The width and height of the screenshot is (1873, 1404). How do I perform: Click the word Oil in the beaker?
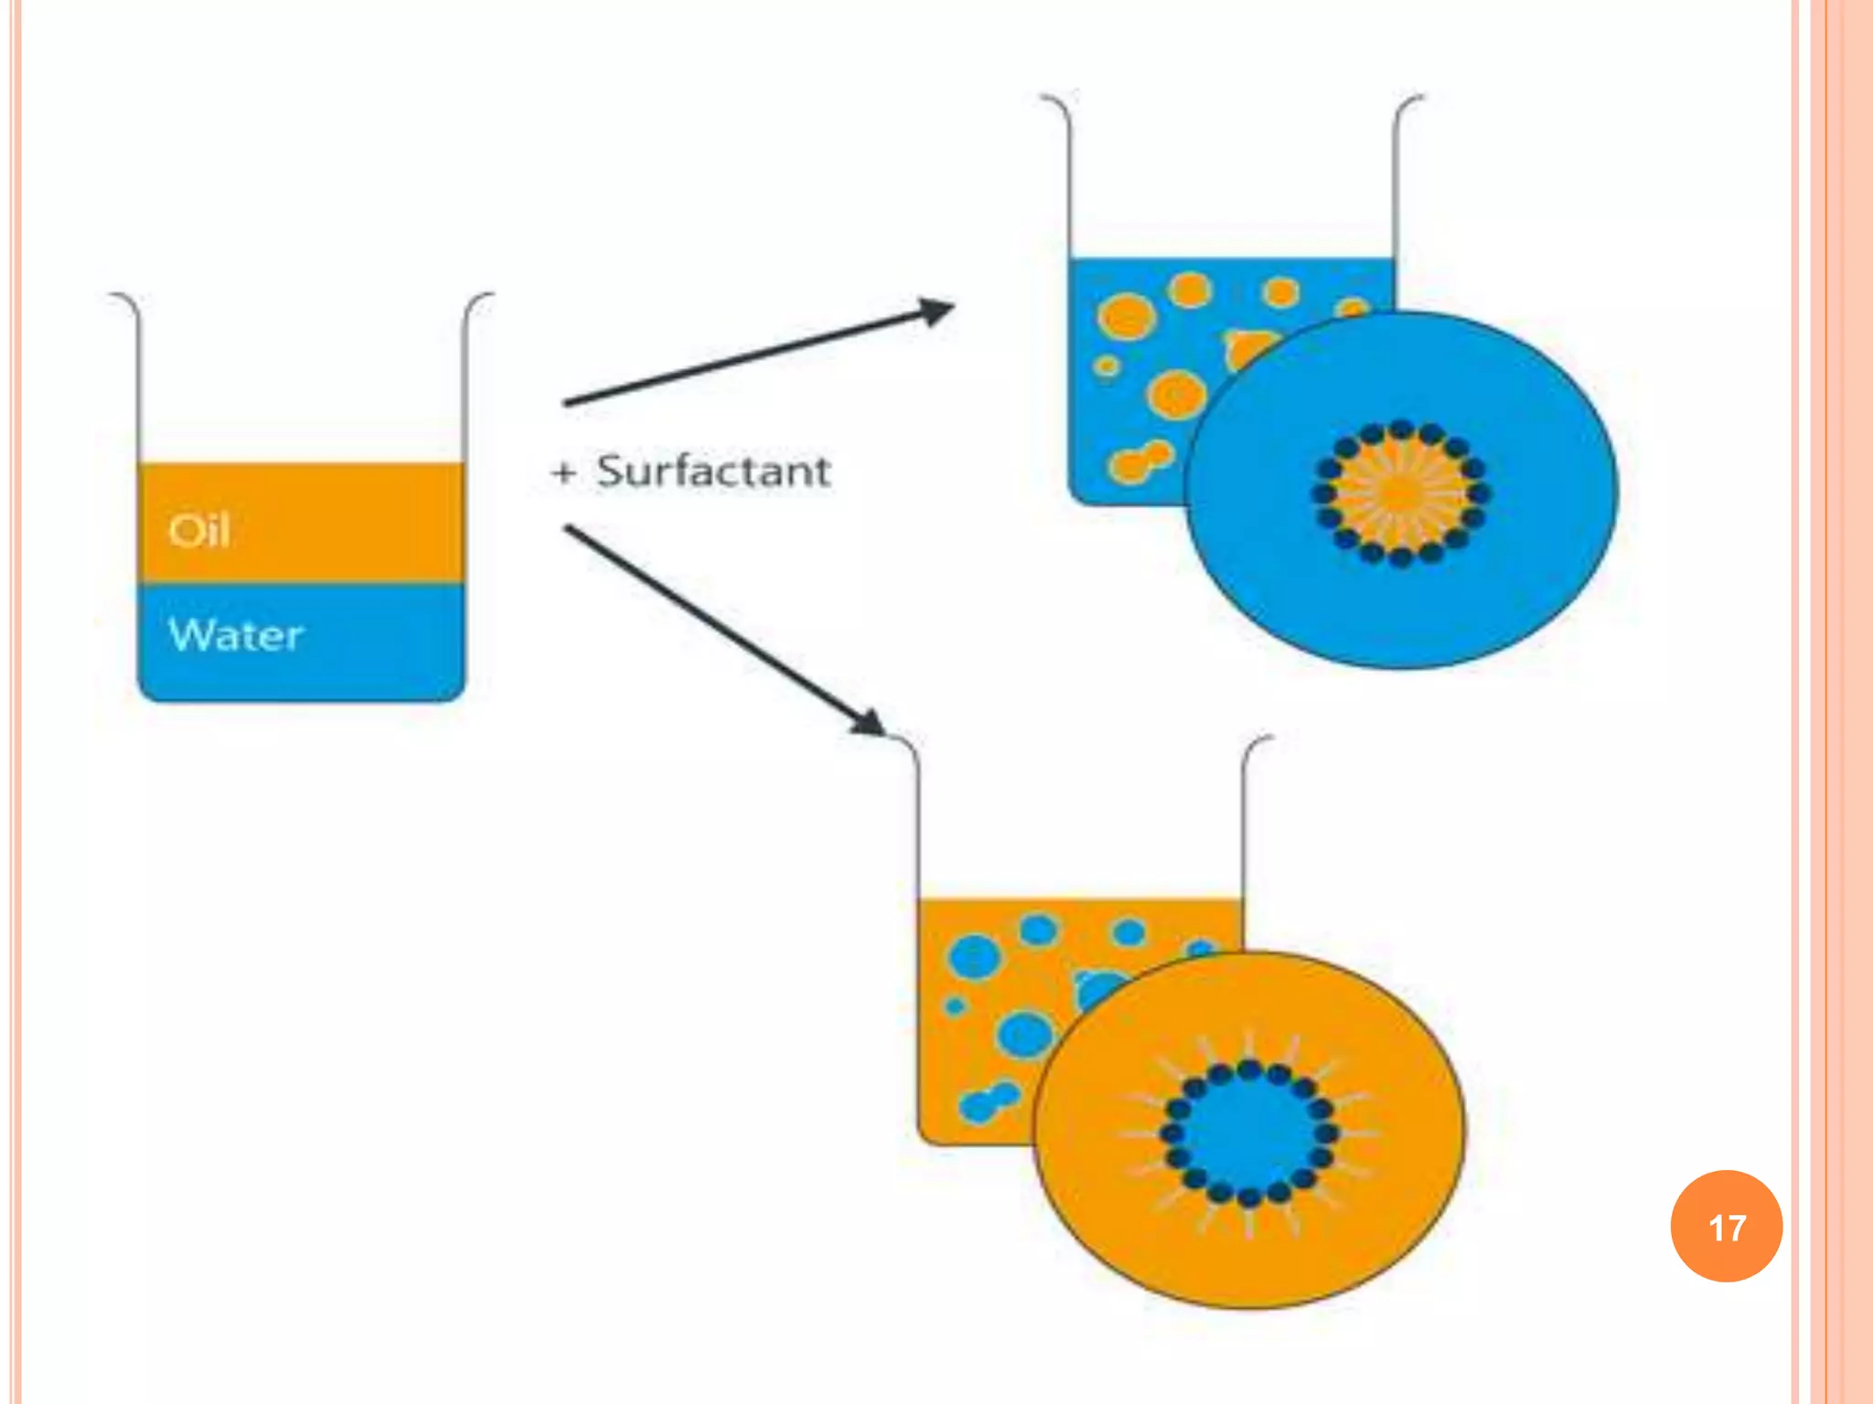[x=198, y=530]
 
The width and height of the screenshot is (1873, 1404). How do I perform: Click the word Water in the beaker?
[x=236, y=634]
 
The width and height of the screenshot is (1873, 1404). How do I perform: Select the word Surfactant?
[x=713, y=472]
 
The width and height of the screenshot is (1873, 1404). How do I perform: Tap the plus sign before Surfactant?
[x=564, y=473]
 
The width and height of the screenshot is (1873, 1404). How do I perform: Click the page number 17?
[x=1726, y=1227]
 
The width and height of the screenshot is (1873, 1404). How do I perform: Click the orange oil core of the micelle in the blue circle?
[x=1400, y=494]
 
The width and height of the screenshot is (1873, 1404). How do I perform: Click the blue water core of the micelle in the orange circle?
[x=1248, y=1133]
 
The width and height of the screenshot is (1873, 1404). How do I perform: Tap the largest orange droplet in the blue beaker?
[x=1127, y=317]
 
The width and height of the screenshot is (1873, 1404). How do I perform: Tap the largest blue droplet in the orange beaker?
[x=974, y=957]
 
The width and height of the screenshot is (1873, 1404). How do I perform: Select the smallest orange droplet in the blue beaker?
[x=1107, y=367]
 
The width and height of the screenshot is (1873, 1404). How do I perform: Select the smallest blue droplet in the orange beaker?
[x=955, y=1006]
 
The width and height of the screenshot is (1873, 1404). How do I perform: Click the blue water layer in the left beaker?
[x=366, y=644]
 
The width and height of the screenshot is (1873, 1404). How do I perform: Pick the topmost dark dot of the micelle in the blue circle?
[x=1401, y=431]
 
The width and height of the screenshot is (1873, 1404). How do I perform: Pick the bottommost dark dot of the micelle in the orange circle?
[x=1249, y=1197]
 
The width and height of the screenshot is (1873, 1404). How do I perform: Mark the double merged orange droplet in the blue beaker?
[x=1140, y=461]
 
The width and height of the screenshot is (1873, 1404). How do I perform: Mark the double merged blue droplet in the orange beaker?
[x=989, y=1101]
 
